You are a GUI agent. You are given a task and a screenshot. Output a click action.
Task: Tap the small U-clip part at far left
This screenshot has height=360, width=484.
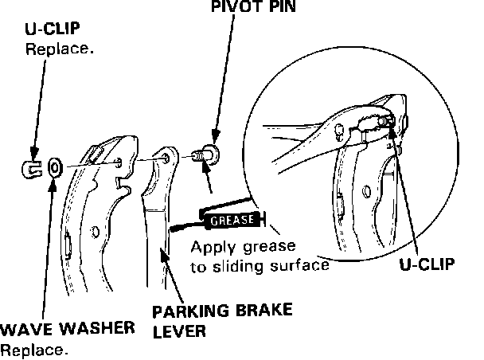click(30, 166)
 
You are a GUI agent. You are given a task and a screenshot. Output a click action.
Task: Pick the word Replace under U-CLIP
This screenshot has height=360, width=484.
click(60, 49)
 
